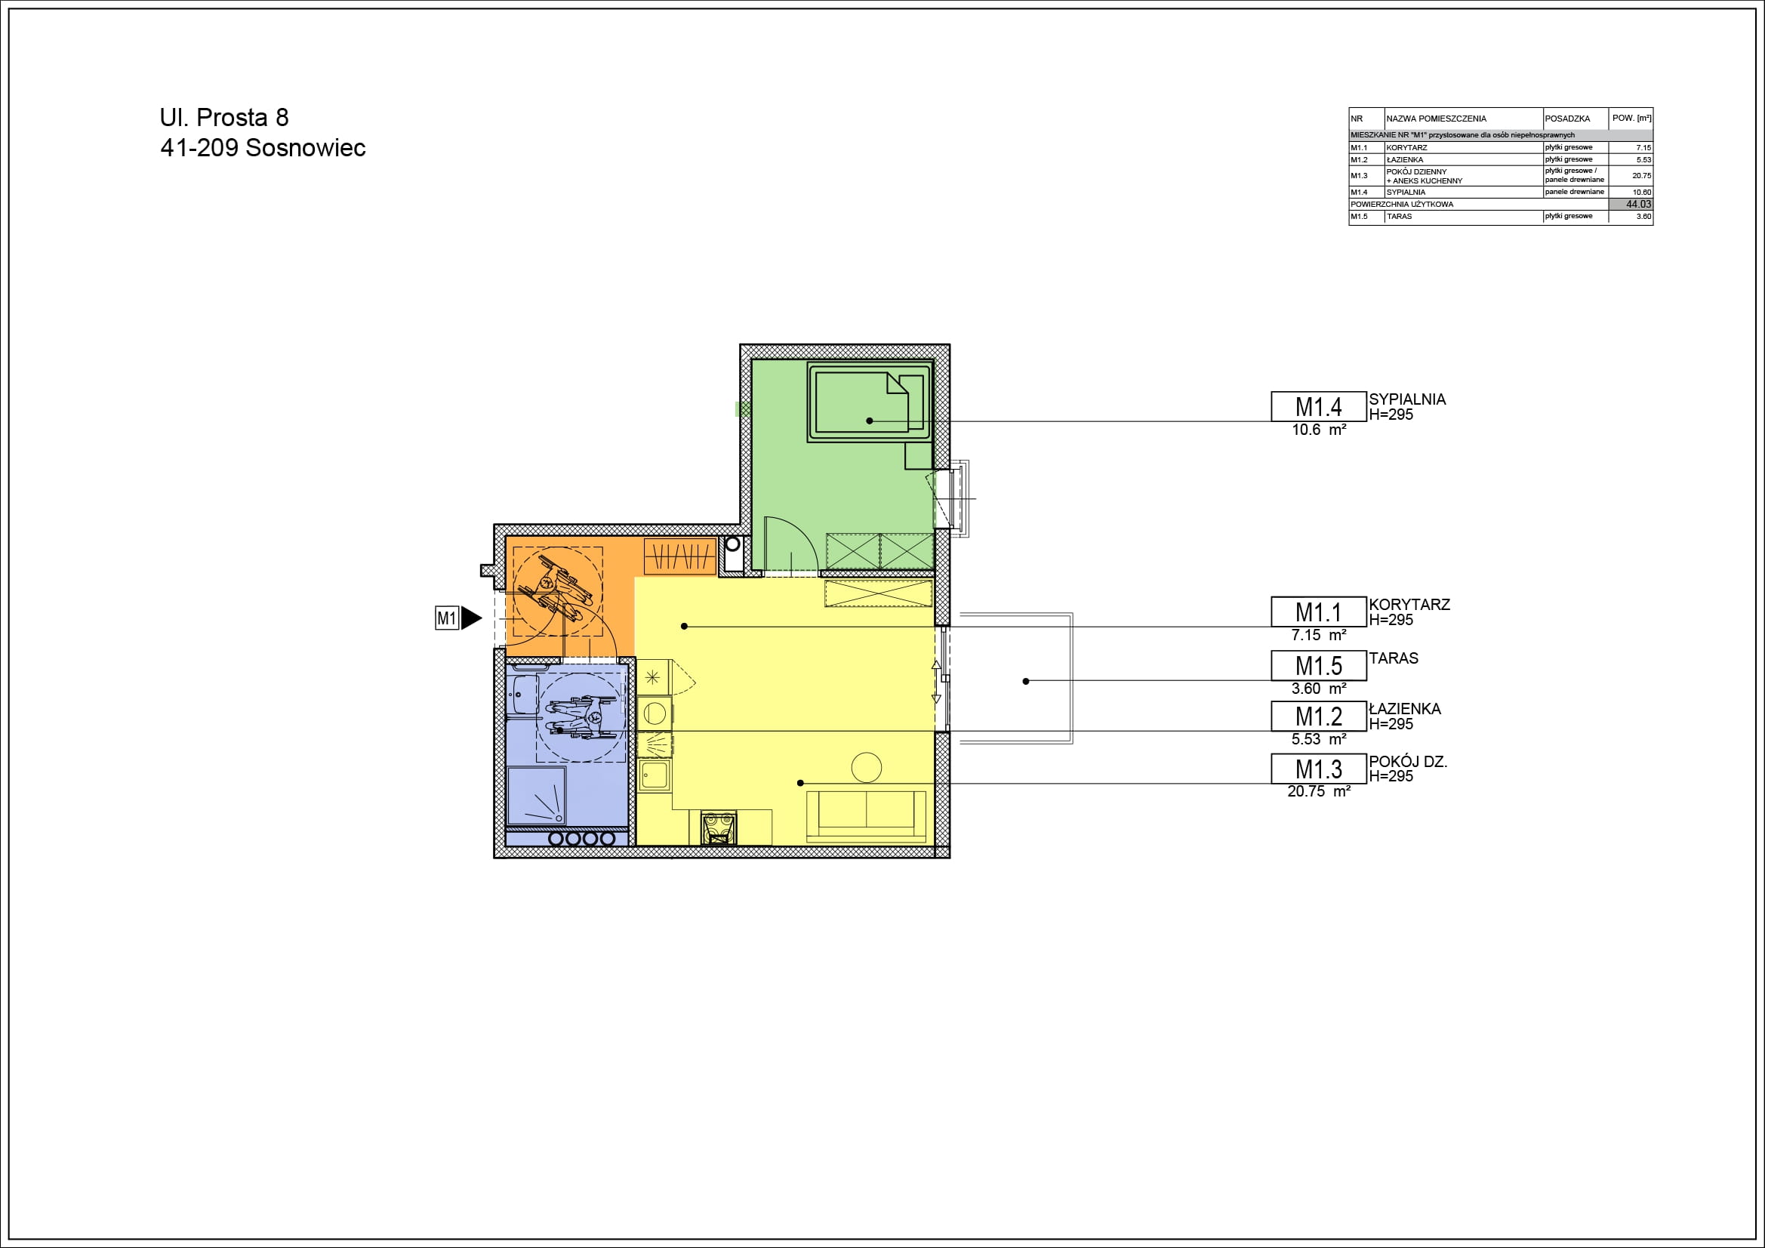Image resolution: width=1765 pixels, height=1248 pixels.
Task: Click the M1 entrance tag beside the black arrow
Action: coord(447,618)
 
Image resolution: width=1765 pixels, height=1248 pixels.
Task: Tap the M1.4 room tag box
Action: coord(1318,406)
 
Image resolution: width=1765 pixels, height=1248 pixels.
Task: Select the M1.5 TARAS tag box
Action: coord(1318,665)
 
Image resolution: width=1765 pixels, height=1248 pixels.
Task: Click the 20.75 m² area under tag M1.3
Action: coord(1318,791)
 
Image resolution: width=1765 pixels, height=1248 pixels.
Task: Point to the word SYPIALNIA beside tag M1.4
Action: coord(1406,399)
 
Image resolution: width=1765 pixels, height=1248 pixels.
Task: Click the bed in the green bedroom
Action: coord(870,402)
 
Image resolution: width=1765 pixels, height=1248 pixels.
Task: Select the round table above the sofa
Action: coord(867,767)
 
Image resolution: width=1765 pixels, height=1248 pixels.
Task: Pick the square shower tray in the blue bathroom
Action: coord(537,795)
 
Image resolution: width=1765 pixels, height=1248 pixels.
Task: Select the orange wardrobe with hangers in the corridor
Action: coord(679,555)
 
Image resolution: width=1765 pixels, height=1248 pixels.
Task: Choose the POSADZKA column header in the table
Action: coord(1566,119)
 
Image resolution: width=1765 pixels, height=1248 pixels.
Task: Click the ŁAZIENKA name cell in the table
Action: coord(1404,160)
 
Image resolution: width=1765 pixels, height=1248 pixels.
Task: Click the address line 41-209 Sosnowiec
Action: coord(263,148)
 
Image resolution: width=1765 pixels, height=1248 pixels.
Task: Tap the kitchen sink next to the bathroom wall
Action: coord(655,775)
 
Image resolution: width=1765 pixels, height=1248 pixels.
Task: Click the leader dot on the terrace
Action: coord(1025,681)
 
